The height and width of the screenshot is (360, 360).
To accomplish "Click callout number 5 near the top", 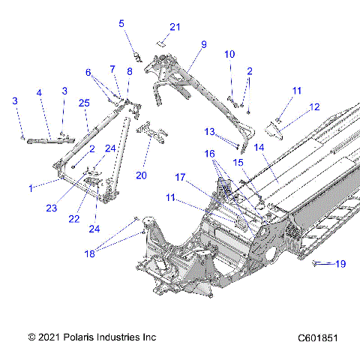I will coord(121,23).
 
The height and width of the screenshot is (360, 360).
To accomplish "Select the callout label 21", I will coord(175,27).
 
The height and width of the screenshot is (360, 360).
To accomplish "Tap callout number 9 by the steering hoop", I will coord(202,44).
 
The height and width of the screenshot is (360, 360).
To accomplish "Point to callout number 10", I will coord(229,54).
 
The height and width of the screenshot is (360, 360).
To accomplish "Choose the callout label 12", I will coord(314,106).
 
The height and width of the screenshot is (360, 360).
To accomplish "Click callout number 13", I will coord(210,131).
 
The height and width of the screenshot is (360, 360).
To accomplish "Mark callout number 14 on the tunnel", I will coord(259,148).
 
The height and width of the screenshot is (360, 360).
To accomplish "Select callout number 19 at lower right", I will coord(340,263).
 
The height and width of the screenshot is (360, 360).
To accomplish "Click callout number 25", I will coord(84,103).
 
